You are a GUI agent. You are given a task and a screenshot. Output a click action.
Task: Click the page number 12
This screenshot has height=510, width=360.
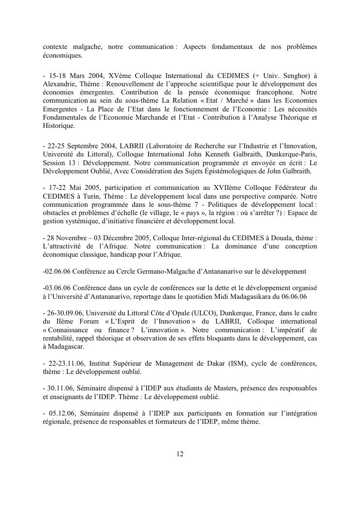coord(180,454)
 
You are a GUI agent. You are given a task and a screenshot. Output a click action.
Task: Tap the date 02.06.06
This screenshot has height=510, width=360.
coord(57,271)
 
